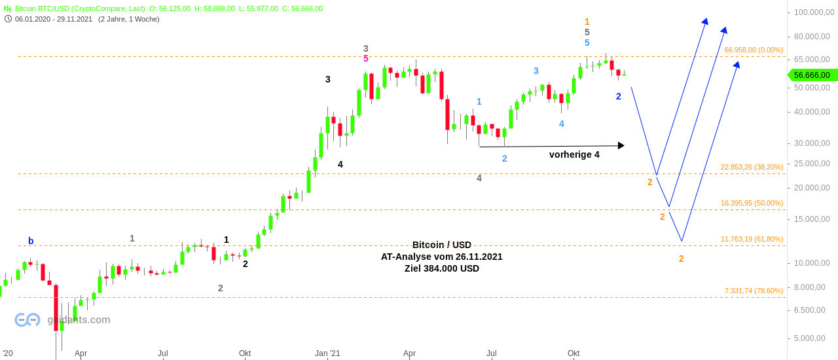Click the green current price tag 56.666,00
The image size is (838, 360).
(x=812, y=75)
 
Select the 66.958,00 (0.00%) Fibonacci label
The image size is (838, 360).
(x=754, y=50)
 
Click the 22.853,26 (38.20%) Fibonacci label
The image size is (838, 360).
(x=752, y=167)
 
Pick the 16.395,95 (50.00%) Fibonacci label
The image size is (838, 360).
(x=752, y=203)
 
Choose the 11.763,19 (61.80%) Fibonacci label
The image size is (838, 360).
(x=752, y=239)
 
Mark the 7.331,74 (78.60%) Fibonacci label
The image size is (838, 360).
(x=754, y=291)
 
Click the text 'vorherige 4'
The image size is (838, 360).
(x=574, y=155)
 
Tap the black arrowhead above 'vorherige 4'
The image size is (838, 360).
(x=621, y=145)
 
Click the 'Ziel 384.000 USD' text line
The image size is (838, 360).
(x=442, y=268)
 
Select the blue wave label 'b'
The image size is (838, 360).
(x=31, y=241)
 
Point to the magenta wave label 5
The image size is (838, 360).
(x=366, y=59)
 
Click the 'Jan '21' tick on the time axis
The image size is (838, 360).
(x=327, y=353)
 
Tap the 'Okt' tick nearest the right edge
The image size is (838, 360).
(x=574, y=353)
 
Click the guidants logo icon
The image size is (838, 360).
(x=27, y=319)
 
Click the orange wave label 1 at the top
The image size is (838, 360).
(x=587, y=22)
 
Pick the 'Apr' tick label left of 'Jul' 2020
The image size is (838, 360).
(x=81, y=353)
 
